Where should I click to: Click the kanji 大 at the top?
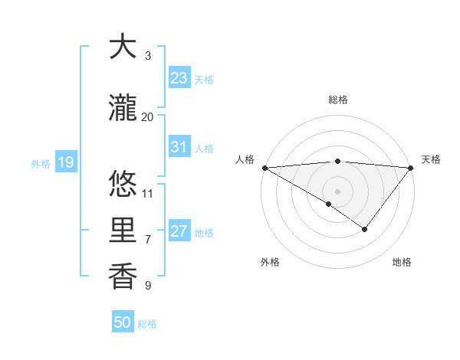[123, 47]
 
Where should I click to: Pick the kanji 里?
[123, 230]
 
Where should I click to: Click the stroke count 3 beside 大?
[148, 56]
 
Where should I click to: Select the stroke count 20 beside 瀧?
[148, 117]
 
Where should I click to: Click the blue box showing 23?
[179, 77]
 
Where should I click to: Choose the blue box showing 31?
[179, 147]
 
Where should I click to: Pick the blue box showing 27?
[179, 231]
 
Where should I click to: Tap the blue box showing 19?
[65, 162]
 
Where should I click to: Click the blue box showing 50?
[123, 322]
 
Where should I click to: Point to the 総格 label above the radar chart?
[338, 100]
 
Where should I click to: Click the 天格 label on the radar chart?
[431, 159]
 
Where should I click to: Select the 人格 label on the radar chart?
[245, 159]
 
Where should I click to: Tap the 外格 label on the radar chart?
[270, 262]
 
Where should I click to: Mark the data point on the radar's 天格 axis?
[411, 167]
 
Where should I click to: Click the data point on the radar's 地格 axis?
[365, 229]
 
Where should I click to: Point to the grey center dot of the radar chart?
[337, 191]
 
